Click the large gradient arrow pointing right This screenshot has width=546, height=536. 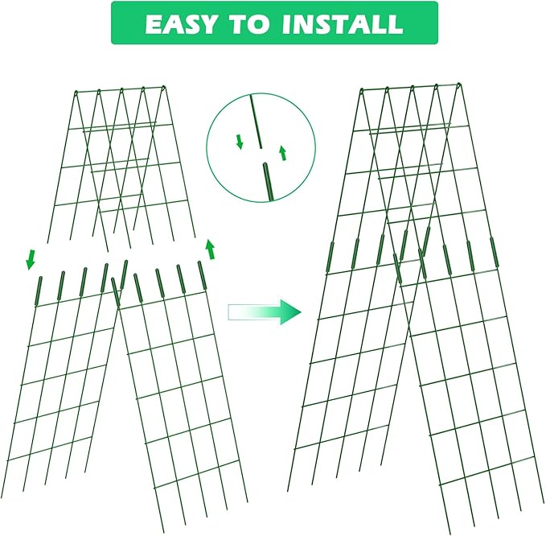point(264,311)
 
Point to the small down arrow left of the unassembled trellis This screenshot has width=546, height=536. point(31,259)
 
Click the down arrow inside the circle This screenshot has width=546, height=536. point(240,142)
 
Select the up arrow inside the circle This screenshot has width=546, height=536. point(282,152)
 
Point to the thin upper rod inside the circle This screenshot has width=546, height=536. point(257,121)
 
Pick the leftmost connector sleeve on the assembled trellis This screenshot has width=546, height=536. point(330,257)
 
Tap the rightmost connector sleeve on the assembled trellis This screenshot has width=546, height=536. point(494,252)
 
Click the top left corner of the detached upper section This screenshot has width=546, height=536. point(74,91)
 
